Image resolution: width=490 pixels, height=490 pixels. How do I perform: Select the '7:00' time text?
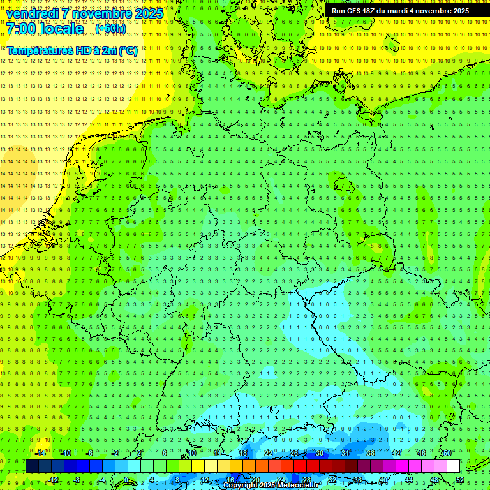pyautogui.click(x=21, y=29)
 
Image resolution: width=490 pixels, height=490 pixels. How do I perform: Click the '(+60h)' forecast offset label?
pyautogui.click(x=110, y=29)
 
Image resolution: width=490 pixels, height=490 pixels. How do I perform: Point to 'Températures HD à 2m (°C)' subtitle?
pyautogui.click(x=72, y=50)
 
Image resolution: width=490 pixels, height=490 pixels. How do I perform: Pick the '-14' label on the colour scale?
pyautogui.click(x=41, y=453)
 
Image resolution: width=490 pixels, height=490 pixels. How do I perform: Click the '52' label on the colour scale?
pyautogui.click(x=460, y=480)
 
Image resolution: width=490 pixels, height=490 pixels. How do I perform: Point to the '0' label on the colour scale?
pyautogui.click(x=126, y=480)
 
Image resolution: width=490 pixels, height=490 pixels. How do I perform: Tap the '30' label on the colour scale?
pyautogui.click(x=320, y=453)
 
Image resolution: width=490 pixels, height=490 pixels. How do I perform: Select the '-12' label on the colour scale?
pyautogui.click(x=54, y=480)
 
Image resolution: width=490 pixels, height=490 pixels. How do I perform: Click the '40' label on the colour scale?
pyautogui.click(x=383, y=480)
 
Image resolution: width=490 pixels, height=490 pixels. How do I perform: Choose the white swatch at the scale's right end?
pyautogui.click(x=454, y=466)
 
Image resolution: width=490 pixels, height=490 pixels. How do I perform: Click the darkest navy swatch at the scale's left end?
pyautogui.click(x=32, y=466)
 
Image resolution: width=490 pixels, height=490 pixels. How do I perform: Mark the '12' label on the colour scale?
pyautogui.click(x=205, y=480)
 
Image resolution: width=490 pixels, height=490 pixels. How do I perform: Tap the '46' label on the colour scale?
pyautogui.click(x=422, y=453)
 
